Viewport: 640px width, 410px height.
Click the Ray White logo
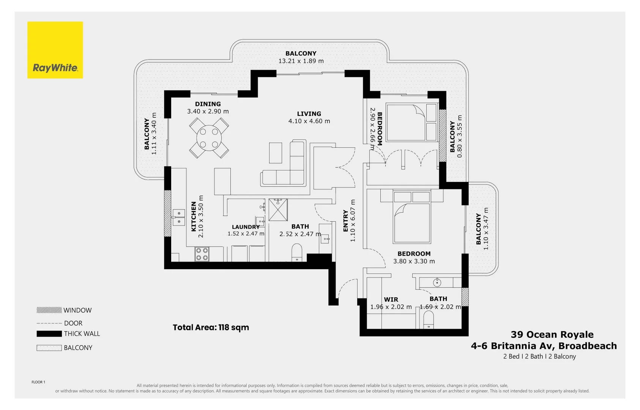55,50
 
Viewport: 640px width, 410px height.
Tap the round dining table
209,138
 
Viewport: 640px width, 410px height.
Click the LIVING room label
309,114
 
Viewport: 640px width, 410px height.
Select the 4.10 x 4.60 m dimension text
309,121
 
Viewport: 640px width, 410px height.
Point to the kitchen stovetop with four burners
202,254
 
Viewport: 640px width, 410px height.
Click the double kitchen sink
179,217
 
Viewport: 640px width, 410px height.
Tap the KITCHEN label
194,216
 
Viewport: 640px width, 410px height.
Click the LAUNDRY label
246,227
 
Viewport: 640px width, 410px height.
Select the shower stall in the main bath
278,210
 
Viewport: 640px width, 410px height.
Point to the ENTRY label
345,221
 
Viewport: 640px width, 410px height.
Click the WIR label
391,300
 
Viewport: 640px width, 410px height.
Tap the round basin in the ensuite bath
437,282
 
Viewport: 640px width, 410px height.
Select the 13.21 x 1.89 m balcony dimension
301,61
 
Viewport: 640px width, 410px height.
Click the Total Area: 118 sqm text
211,327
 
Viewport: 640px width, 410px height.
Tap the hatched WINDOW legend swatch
49,310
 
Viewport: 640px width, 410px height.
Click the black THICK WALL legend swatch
49,334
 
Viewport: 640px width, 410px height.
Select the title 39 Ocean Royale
552,334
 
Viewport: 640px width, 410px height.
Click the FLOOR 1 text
38,382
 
